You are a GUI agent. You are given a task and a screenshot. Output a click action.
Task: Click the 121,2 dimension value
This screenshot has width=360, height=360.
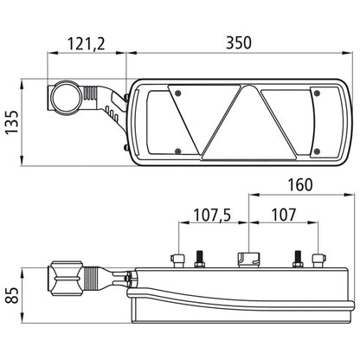click(x=86, y=44)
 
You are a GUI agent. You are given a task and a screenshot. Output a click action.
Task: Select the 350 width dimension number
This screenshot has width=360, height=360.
click(x=239, y=42)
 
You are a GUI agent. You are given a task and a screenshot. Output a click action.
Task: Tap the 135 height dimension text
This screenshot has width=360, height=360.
click(x=12, y=122)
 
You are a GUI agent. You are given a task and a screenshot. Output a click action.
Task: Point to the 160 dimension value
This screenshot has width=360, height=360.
click(x=300, y=185)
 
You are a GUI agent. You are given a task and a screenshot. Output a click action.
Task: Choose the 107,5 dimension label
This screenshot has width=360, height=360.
click(x=212, y=215)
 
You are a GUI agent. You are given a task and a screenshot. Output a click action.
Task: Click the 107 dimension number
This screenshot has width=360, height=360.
click(x=284, y=215)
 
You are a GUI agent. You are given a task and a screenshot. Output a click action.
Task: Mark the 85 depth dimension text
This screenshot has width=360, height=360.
click(x=12, y=295)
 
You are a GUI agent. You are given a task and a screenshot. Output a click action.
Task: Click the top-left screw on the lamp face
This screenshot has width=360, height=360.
click(x=178, y=93)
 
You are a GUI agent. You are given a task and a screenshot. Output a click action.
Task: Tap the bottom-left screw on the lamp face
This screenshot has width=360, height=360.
click(x=178, y=151)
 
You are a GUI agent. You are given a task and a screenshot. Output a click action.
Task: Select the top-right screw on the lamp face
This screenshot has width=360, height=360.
click(x=317, y=93)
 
